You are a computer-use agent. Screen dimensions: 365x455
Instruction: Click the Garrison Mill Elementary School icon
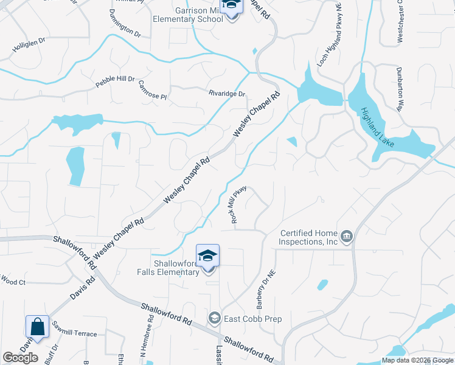[230, 7]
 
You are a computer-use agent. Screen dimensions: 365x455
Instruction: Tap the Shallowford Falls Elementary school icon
[207, 255]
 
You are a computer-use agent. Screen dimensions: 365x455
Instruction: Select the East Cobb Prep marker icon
[214, 318]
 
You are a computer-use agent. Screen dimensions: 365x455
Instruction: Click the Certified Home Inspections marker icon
[347, 237]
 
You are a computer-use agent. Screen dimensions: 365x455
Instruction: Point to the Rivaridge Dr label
[226, 94]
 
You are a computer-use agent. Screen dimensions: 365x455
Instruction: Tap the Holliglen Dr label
[29, 43]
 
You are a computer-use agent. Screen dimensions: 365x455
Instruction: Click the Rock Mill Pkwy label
[238, 204]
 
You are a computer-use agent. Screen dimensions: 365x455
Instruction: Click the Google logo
[20, 358]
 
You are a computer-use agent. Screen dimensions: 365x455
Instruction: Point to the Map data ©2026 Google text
[417, 360]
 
